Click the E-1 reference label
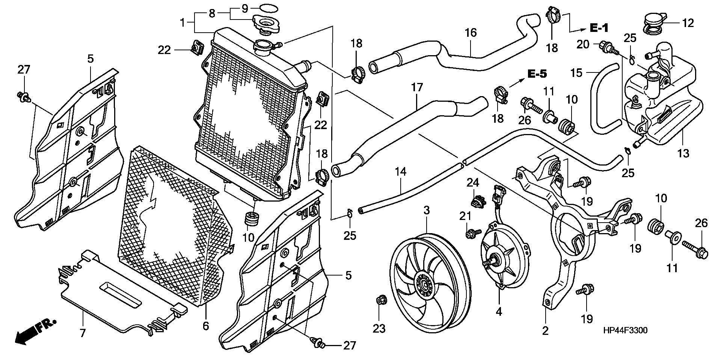pos(599,27)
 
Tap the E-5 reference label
pos(537,74)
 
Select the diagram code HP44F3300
pos(625,330)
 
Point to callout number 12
pos(688,23)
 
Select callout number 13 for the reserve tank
pos(683,153)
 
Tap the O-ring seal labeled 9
pos(267,8)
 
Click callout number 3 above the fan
pos(427,211)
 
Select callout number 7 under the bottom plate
pos(83,333)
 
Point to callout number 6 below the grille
pos(205,326)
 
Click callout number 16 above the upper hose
pos(471,33)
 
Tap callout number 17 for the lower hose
pos(417,88)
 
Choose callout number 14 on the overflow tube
pos(401,172)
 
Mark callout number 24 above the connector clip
pos(473,183)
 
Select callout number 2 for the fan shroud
pos(545,331)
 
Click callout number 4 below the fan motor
pos(499,312)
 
